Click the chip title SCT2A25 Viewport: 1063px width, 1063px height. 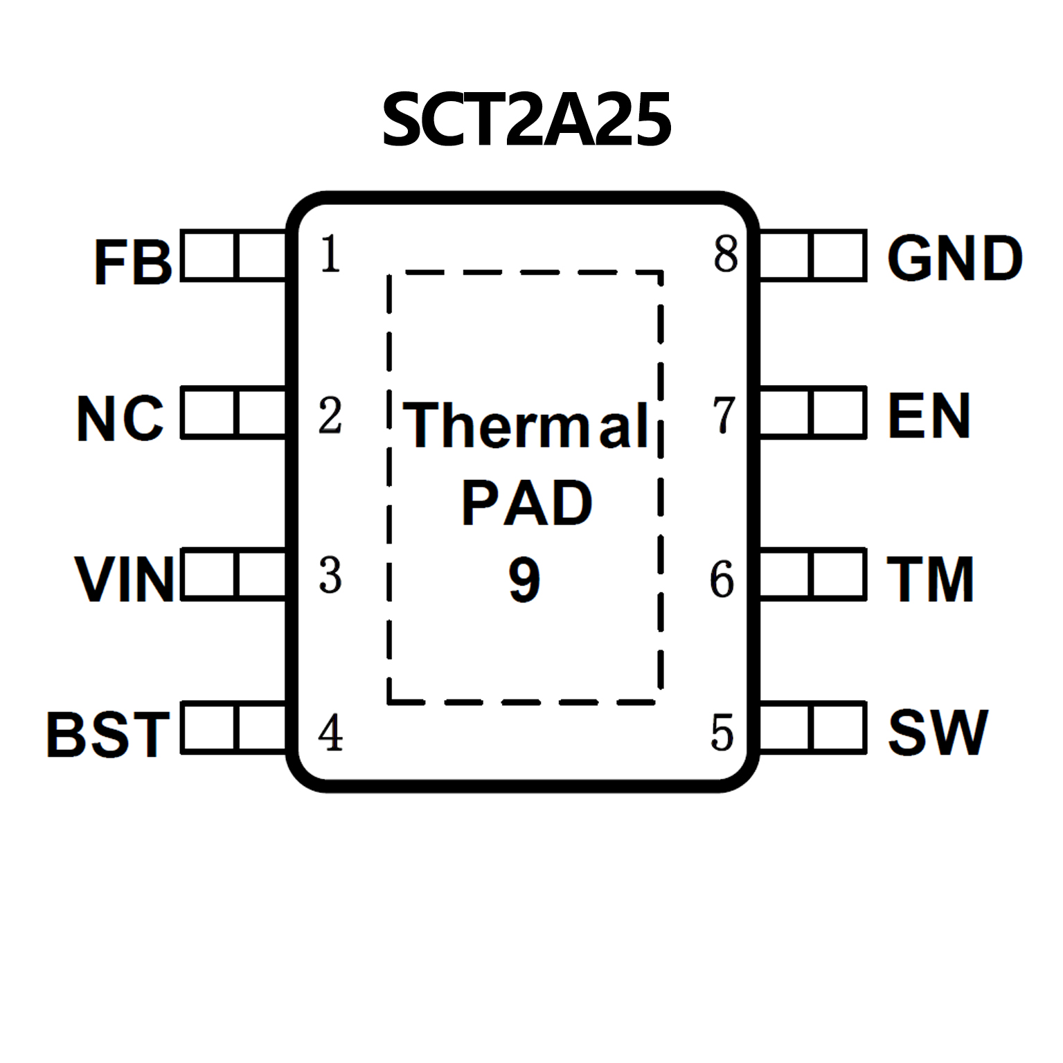526,120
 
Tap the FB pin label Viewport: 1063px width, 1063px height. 132,262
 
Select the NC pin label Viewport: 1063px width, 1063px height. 120,418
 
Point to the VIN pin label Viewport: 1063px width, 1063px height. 125,579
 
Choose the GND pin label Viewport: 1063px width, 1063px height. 954,258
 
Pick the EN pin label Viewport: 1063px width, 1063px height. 929,416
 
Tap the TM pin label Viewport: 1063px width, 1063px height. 930,579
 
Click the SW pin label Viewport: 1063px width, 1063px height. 938,733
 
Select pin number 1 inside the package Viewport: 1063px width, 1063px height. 330,254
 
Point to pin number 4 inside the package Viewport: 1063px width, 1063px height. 330,733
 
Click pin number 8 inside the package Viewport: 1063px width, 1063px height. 725,254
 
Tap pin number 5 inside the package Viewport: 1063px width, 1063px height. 722,733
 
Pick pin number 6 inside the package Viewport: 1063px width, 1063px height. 722,579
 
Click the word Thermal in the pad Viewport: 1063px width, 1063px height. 526,425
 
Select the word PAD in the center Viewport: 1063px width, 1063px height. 526,503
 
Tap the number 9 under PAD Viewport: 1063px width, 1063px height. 524,579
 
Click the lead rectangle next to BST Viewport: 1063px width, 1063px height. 233,727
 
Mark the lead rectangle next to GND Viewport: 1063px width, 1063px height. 813,256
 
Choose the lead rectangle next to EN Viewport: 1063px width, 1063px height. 813,413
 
